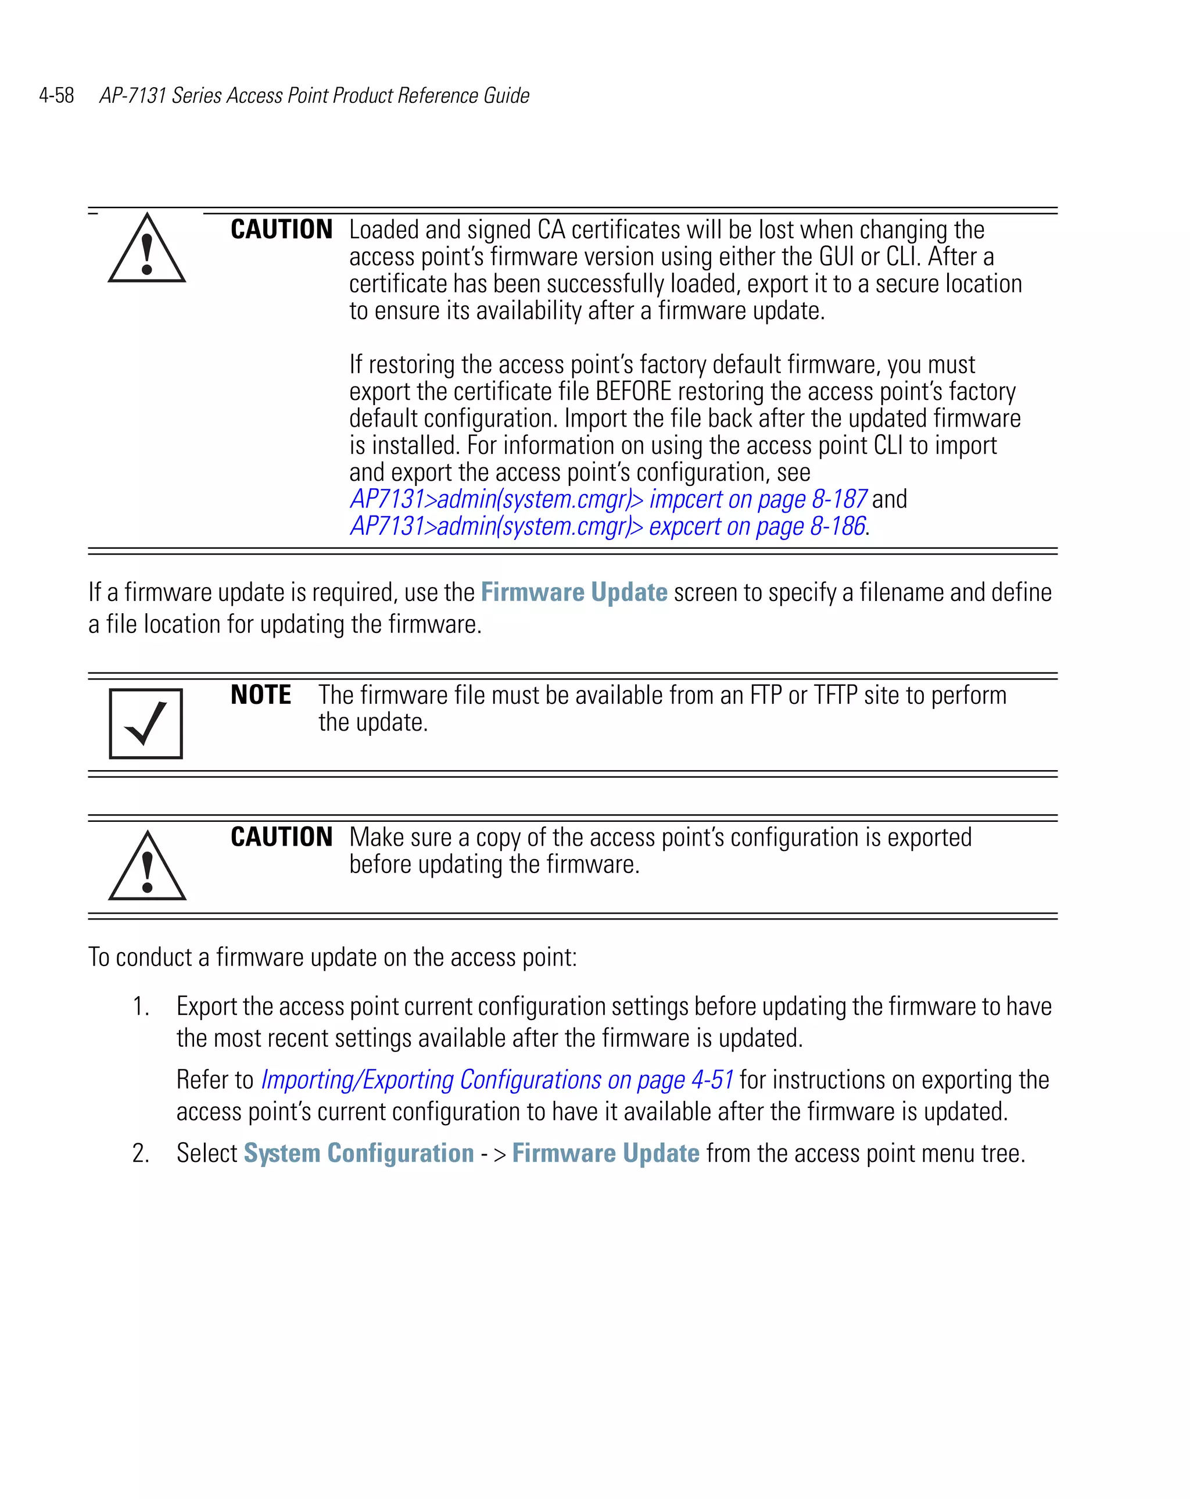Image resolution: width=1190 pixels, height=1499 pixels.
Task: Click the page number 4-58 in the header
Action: click(56, 95)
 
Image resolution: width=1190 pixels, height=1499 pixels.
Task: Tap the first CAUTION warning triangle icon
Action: click(146, 249)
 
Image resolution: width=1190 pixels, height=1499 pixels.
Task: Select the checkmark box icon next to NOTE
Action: click(146, 723)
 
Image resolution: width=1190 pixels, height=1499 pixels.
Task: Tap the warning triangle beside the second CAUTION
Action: click(148, 867)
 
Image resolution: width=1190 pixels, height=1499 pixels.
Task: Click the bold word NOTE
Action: click(261, 695)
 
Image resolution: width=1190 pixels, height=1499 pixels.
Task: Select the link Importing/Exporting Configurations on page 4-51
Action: click(497, 1080)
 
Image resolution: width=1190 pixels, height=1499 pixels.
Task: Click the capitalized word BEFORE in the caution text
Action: click(633, 391)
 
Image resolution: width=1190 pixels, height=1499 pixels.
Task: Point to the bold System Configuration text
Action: click(359, 1153)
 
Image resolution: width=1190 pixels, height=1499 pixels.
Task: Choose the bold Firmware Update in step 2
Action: click(605, 1153)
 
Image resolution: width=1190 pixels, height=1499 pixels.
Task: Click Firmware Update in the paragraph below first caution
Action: click(574, 592)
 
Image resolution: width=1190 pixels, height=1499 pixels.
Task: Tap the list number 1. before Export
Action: click(141, 1006)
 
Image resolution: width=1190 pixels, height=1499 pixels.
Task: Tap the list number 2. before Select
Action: click(141, 1153)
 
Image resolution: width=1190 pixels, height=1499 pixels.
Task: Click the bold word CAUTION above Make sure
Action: click(281, 836)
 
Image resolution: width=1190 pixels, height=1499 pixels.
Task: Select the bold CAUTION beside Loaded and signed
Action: click(281, 230)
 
